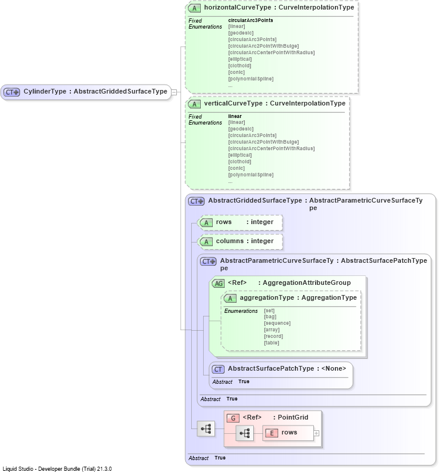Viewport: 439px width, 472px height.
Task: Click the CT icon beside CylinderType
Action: pos(12,92)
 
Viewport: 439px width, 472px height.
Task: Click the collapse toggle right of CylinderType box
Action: pos(174,92)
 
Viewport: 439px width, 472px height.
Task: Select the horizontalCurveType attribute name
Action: pos(238,7)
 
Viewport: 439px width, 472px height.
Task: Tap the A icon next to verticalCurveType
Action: pos(194,104)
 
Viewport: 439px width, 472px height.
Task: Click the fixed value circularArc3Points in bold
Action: pos(251,20)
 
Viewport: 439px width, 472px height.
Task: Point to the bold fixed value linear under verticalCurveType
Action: pos(235,116)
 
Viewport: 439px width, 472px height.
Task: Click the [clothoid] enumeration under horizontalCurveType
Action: pos(239,66)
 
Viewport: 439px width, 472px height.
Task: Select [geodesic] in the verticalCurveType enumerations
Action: pos(241,129)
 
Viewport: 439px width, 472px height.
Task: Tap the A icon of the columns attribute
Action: pos(206,242)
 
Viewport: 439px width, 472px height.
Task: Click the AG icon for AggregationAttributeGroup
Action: pos(218,283)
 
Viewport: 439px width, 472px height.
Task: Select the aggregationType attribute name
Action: pos(267,297)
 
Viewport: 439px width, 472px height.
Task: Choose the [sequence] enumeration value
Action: pos(277,323)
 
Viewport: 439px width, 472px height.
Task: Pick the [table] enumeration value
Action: pos(272,343)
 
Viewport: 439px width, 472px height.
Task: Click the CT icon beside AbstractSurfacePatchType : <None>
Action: pos(218,369)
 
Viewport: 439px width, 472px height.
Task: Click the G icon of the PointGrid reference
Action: pos(233,418)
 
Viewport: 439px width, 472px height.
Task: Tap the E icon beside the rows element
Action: pos(272,433)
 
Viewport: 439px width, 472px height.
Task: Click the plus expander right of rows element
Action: pos(316,433)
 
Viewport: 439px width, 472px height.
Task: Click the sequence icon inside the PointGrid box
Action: pos(245,433)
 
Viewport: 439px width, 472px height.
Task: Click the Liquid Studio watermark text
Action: pos(57,468)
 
